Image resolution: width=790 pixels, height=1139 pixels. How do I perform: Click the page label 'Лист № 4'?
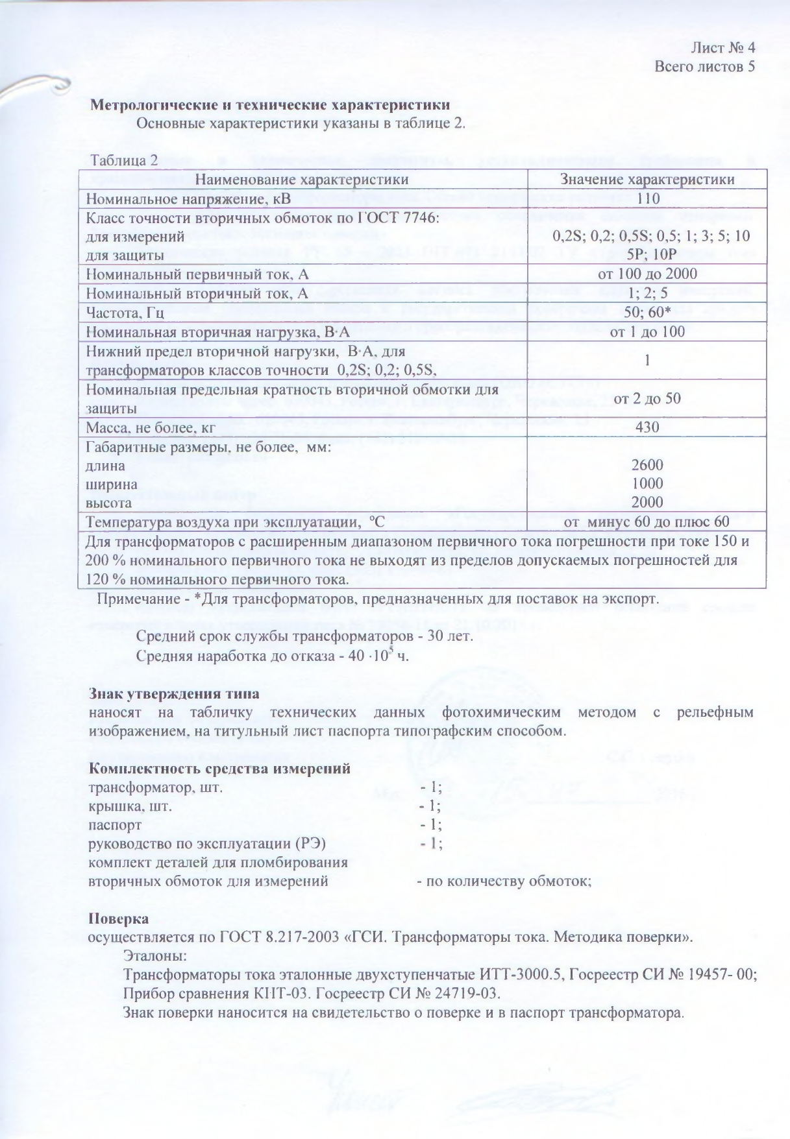click(x=722, y=47)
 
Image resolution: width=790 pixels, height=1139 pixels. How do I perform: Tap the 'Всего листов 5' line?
click(x=704, y=66)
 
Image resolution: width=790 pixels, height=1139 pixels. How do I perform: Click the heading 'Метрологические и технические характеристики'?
click(x=268, y=104)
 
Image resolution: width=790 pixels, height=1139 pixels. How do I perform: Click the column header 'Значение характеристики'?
click(x=647, y=179)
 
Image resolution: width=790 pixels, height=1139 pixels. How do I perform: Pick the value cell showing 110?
click(x=647, y=198)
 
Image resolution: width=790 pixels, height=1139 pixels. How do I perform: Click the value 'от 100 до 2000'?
click(x=647, y=274)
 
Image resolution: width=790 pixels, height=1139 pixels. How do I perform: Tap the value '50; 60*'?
click(x=647, y=312)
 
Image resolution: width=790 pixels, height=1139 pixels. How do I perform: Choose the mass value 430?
click(x=647, y=427)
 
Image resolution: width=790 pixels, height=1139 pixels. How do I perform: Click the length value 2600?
click(x=647, y=464)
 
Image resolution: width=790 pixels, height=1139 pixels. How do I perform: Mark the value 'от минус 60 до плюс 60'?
click(x=647, y=522)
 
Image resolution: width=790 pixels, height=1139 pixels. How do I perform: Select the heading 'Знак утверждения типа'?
click(x=173, y=693)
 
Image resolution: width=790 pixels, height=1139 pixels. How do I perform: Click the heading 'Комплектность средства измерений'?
click(x=219, y=769)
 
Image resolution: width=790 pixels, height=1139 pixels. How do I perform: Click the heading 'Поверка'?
click(x=118, y=919)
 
